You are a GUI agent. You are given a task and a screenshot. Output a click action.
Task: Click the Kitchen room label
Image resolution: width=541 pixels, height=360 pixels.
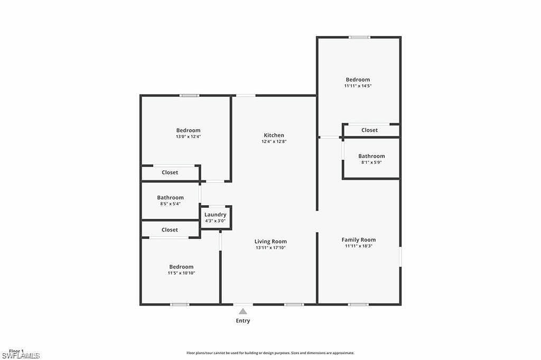tap(274, 135)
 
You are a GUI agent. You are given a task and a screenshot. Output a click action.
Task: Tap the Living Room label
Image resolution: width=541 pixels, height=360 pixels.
tap(271, 242)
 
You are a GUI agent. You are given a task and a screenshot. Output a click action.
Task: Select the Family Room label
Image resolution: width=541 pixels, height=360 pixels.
tap(358, 239)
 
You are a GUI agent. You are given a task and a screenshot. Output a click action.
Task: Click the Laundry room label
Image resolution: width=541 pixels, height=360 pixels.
tap(216, 215)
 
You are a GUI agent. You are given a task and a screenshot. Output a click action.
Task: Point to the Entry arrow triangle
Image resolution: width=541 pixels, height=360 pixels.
tap(242, 311)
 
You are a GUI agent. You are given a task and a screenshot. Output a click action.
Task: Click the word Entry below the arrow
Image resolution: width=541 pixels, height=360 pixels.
tap(242, 321)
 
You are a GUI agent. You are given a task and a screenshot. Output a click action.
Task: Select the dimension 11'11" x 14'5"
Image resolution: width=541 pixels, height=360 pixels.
tap(358, 86)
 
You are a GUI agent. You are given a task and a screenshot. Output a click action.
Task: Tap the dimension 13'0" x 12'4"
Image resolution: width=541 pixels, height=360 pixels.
tap(188, 136)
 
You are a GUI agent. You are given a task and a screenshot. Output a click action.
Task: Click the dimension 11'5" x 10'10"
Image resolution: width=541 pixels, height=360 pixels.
tap(181, 273)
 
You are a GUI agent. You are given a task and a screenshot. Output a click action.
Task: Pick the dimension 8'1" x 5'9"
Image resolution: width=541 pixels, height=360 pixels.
tap(371, 162)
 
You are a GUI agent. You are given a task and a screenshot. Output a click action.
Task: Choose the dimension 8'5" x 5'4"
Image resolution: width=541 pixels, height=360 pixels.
tap(170, 204)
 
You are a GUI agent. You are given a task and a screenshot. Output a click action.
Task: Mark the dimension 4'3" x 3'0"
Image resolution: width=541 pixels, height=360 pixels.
tap(216, 220)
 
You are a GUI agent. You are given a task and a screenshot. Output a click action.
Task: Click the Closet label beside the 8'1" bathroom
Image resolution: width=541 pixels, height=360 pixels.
tap(369, 130)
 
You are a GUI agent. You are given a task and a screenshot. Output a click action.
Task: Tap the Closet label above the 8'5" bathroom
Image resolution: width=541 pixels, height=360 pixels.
tap(170, 172)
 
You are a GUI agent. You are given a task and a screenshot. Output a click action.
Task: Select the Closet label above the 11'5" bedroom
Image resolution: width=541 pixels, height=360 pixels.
tap(170, 230)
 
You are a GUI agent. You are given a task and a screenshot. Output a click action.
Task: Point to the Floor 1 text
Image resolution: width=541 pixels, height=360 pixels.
tap(16, 351)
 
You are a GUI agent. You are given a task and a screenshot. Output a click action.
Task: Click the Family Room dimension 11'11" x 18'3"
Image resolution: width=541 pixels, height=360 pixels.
tap(358, 246)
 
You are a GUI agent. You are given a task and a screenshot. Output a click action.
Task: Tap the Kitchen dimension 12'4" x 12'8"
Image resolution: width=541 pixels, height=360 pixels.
tap(274, 142)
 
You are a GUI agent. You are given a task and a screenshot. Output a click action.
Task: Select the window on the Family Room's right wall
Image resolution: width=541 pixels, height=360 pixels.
tap(400, 257)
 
